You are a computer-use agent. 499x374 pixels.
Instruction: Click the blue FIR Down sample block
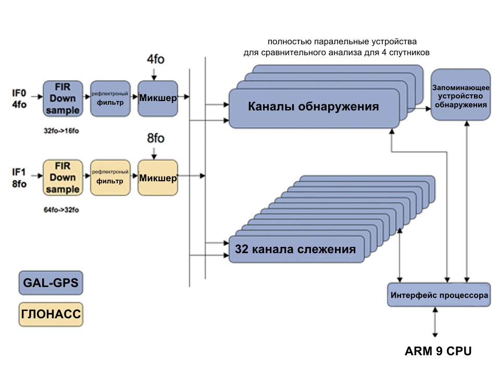pyautogui.click(x=63, y=98)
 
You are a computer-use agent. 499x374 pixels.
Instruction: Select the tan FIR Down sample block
pyautogui.click(x=63, y=177)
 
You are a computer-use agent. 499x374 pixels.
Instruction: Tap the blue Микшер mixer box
pyautogui.click(x=157, y=98)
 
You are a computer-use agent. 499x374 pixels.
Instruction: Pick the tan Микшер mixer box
pyautogui.click(x=157, y=178)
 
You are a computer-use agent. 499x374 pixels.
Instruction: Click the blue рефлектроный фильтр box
pyautogui.click(x=110, y=98)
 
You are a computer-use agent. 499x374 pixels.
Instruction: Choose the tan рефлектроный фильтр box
pyautogui.click(x=110, y=178)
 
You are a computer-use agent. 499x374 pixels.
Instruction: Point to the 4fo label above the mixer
pyautogui.click(x=156, y=59)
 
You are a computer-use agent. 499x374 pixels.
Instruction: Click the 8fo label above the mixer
pyautogui.click(x=156, y=139)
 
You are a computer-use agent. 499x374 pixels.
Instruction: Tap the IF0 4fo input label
pyautogui.click(x=19, y=98)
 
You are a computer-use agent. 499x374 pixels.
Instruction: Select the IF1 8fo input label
pyautogui.click(x=19, y=177)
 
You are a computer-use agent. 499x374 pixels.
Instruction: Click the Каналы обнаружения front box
pyautogui.click(x=314, y=107)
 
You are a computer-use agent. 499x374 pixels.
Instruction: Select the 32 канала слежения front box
pyautogui.click(x=295, y=250)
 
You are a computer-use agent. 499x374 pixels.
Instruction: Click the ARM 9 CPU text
pyautogui.click(x=438, y=351)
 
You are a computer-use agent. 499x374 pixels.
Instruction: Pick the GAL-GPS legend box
pyautogui.click(x=51, y=284)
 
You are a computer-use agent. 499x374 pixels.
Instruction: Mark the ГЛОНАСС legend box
pyautogui.click(x=51, y=315)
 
